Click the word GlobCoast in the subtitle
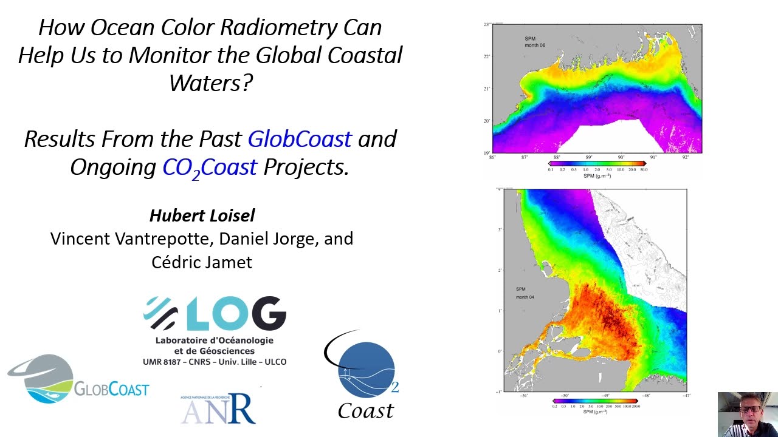[300, 139]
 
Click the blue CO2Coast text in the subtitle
[210, 168]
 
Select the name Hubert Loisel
[202, 215]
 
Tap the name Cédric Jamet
[202, 262]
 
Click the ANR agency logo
[218, 408]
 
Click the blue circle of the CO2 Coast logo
[367, 370]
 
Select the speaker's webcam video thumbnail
[748, 414]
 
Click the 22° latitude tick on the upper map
[486, 56]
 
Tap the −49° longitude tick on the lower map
[605, 396]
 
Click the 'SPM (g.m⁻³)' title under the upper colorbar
[597, 176]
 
